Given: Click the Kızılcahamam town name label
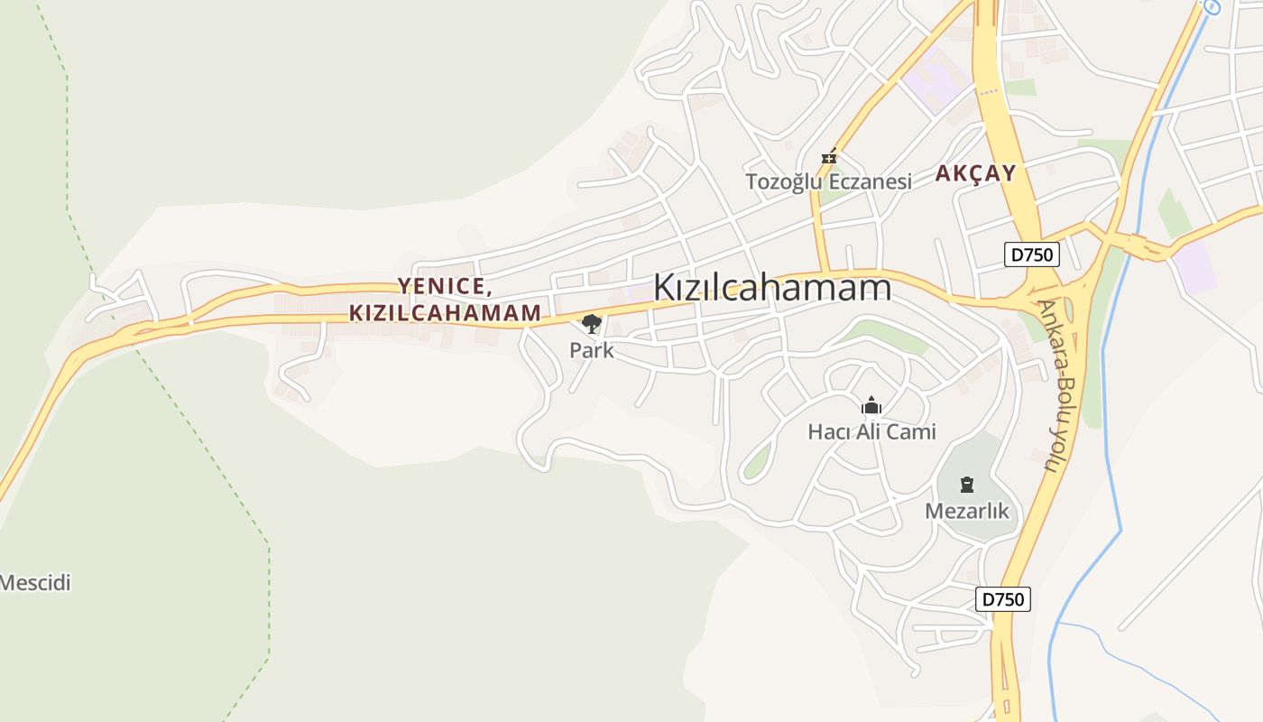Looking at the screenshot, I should tap(771, 287).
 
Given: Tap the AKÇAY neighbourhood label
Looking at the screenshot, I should tap(975, 173).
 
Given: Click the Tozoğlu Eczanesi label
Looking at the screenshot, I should tap(828, 181).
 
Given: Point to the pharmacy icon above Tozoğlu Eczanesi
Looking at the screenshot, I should tap(828, 158).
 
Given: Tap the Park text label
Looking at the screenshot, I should tap(591, 350).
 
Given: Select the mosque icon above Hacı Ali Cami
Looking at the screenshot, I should tap(871, 406).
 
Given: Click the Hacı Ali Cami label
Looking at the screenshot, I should tap(871, 432).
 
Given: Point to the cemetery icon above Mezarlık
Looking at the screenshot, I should tap(967, 485).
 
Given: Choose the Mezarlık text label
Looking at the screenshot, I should tap(967, 512).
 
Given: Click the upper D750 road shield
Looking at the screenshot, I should tap(1031, 255).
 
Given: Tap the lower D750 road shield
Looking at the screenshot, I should tap(1002, 599).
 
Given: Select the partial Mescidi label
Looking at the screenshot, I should tap(34, 583).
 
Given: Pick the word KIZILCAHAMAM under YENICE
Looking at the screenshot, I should tap(445, 313).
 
